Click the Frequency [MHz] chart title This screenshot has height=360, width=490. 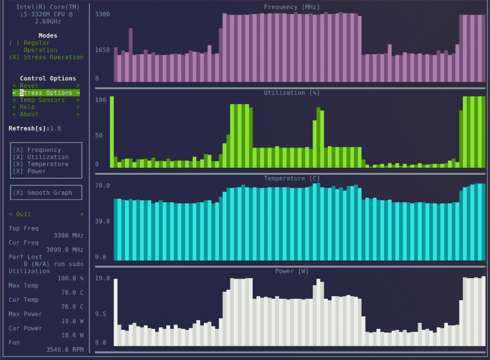(x=292, y=7)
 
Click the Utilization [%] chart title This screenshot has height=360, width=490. (x=292, y=93)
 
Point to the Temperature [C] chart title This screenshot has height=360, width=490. (x=292, y=179)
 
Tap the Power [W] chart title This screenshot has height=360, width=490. (x=292, y=271)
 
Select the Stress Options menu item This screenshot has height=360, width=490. (x=46, y=93)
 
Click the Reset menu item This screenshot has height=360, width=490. (x=29, y=86)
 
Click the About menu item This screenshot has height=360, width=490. (x=29, y=114)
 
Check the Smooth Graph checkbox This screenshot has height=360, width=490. (x=18, y=192)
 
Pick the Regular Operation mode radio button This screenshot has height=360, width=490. (x=15, y=43)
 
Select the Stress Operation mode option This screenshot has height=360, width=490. (x=15, y=57)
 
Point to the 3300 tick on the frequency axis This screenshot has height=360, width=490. (x=102, y=14)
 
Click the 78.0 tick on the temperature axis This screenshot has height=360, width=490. (x=102, y=186)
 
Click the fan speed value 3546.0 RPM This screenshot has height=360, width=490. (x=64, y=349)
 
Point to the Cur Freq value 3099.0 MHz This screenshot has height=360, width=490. (x=64, y=250)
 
